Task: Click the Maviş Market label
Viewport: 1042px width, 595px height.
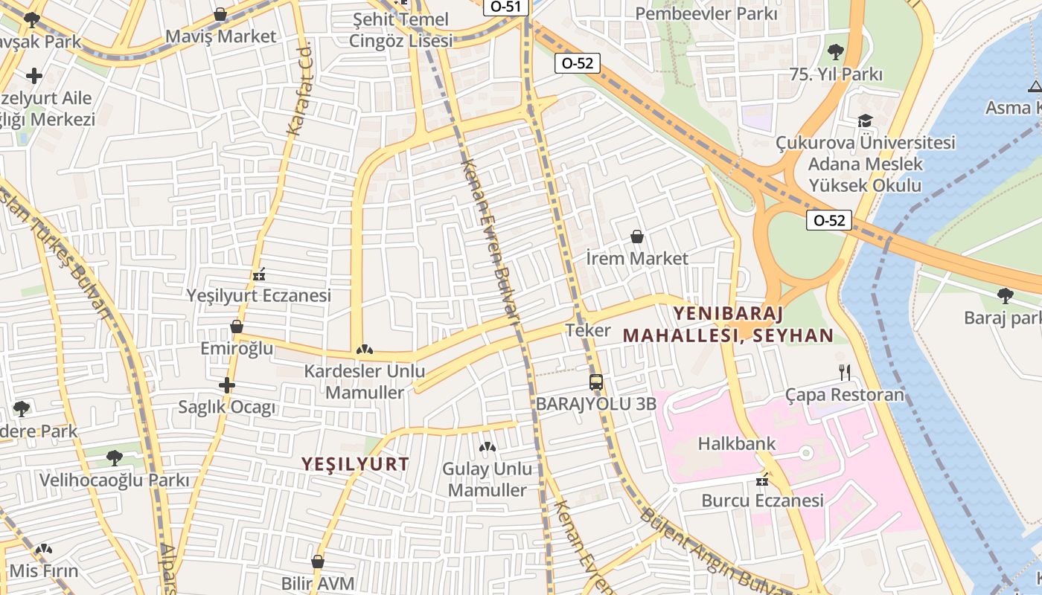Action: click(220, 36)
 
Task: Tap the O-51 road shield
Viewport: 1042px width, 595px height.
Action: click(506, 7)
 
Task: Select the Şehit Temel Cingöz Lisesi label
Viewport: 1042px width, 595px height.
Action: click(400, 30)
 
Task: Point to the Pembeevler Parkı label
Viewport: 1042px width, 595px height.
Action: click(706, 13)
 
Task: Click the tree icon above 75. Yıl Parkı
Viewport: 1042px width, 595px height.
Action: click(835, 52)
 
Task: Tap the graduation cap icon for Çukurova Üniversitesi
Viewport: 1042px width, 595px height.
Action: click(865, 120)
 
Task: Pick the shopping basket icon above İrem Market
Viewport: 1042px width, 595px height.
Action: click(637, 237)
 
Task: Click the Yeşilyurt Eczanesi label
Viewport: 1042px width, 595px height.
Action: click(258, 296)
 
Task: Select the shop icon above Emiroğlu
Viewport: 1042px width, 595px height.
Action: click(237, 327)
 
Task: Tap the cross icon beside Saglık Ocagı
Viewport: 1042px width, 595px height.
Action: click(227, 385)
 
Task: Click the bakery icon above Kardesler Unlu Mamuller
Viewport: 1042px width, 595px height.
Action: click(364, 349)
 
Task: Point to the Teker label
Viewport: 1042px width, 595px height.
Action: click(588, 330)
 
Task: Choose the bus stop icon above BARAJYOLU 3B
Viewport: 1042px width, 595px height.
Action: click(596, 382)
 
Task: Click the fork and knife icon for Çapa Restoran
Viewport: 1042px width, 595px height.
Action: click(844, 372)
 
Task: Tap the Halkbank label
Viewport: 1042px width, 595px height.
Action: click(736, 444)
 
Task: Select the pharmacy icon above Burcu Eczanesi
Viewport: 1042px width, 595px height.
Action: click(762, 480)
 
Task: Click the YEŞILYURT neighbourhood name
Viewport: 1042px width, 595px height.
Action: click(355, 464)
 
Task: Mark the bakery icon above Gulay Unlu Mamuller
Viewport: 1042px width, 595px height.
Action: click(488, 447)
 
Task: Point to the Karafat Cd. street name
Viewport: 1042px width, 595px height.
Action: click(298, 90)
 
